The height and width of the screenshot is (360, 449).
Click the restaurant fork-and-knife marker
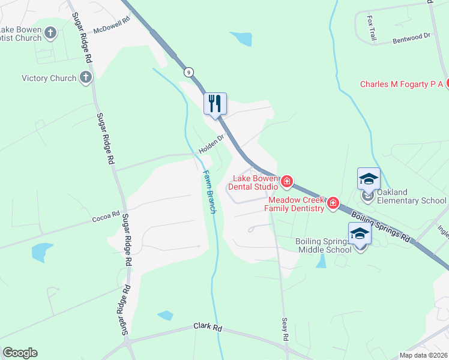click(x=215, y=104)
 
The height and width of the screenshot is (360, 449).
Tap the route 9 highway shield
click(x=189, y=71)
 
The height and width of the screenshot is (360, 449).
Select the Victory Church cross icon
click(x=86, y=77)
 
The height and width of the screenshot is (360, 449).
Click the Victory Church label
click(x=49, y=78)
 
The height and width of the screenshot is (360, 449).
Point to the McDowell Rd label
click(x=112, y=26)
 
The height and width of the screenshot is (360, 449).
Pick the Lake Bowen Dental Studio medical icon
click(x=287, y=181)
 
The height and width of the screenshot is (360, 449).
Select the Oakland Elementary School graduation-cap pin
click(x=369, y=179)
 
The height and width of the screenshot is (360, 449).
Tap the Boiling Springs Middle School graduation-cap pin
click(x=360, y=233)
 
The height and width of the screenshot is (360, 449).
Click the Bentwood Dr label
click(x=412, y=37)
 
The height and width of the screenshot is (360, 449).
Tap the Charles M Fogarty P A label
click(x=401, y=84)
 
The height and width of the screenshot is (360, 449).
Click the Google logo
click(x=20, y=352)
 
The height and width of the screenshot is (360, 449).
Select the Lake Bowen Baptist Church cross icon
click(x=51, y=33)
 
